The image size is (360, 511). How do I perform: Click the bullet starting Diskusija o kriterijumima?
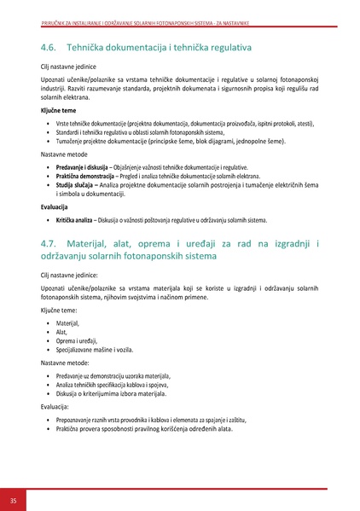tap(111, 393)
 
